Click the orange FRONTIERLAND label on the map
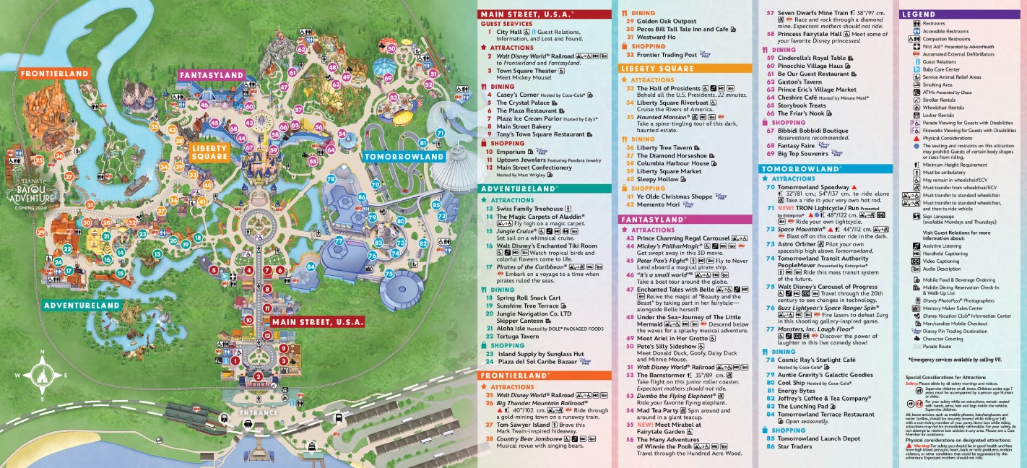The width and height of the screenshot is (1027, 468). pos(54,74)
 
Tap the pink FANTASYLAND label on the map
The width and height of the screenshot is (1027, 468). pos(212,75)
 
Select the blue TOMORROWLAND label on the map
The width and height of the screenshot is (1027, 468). pos(404,157)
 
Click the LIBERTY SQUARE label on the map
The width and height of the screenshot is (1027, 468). pos(210,152)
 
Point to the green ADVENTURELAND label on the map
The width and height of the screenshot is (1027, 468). pos(81,305)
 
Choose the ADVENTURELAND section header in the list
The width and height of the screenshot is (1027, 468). pos(519,188)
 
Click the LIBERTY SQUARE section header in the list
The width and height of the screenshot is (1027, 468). pos(657,69)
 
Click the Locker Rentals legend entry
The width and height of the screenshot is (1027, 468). pos(938,115)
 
